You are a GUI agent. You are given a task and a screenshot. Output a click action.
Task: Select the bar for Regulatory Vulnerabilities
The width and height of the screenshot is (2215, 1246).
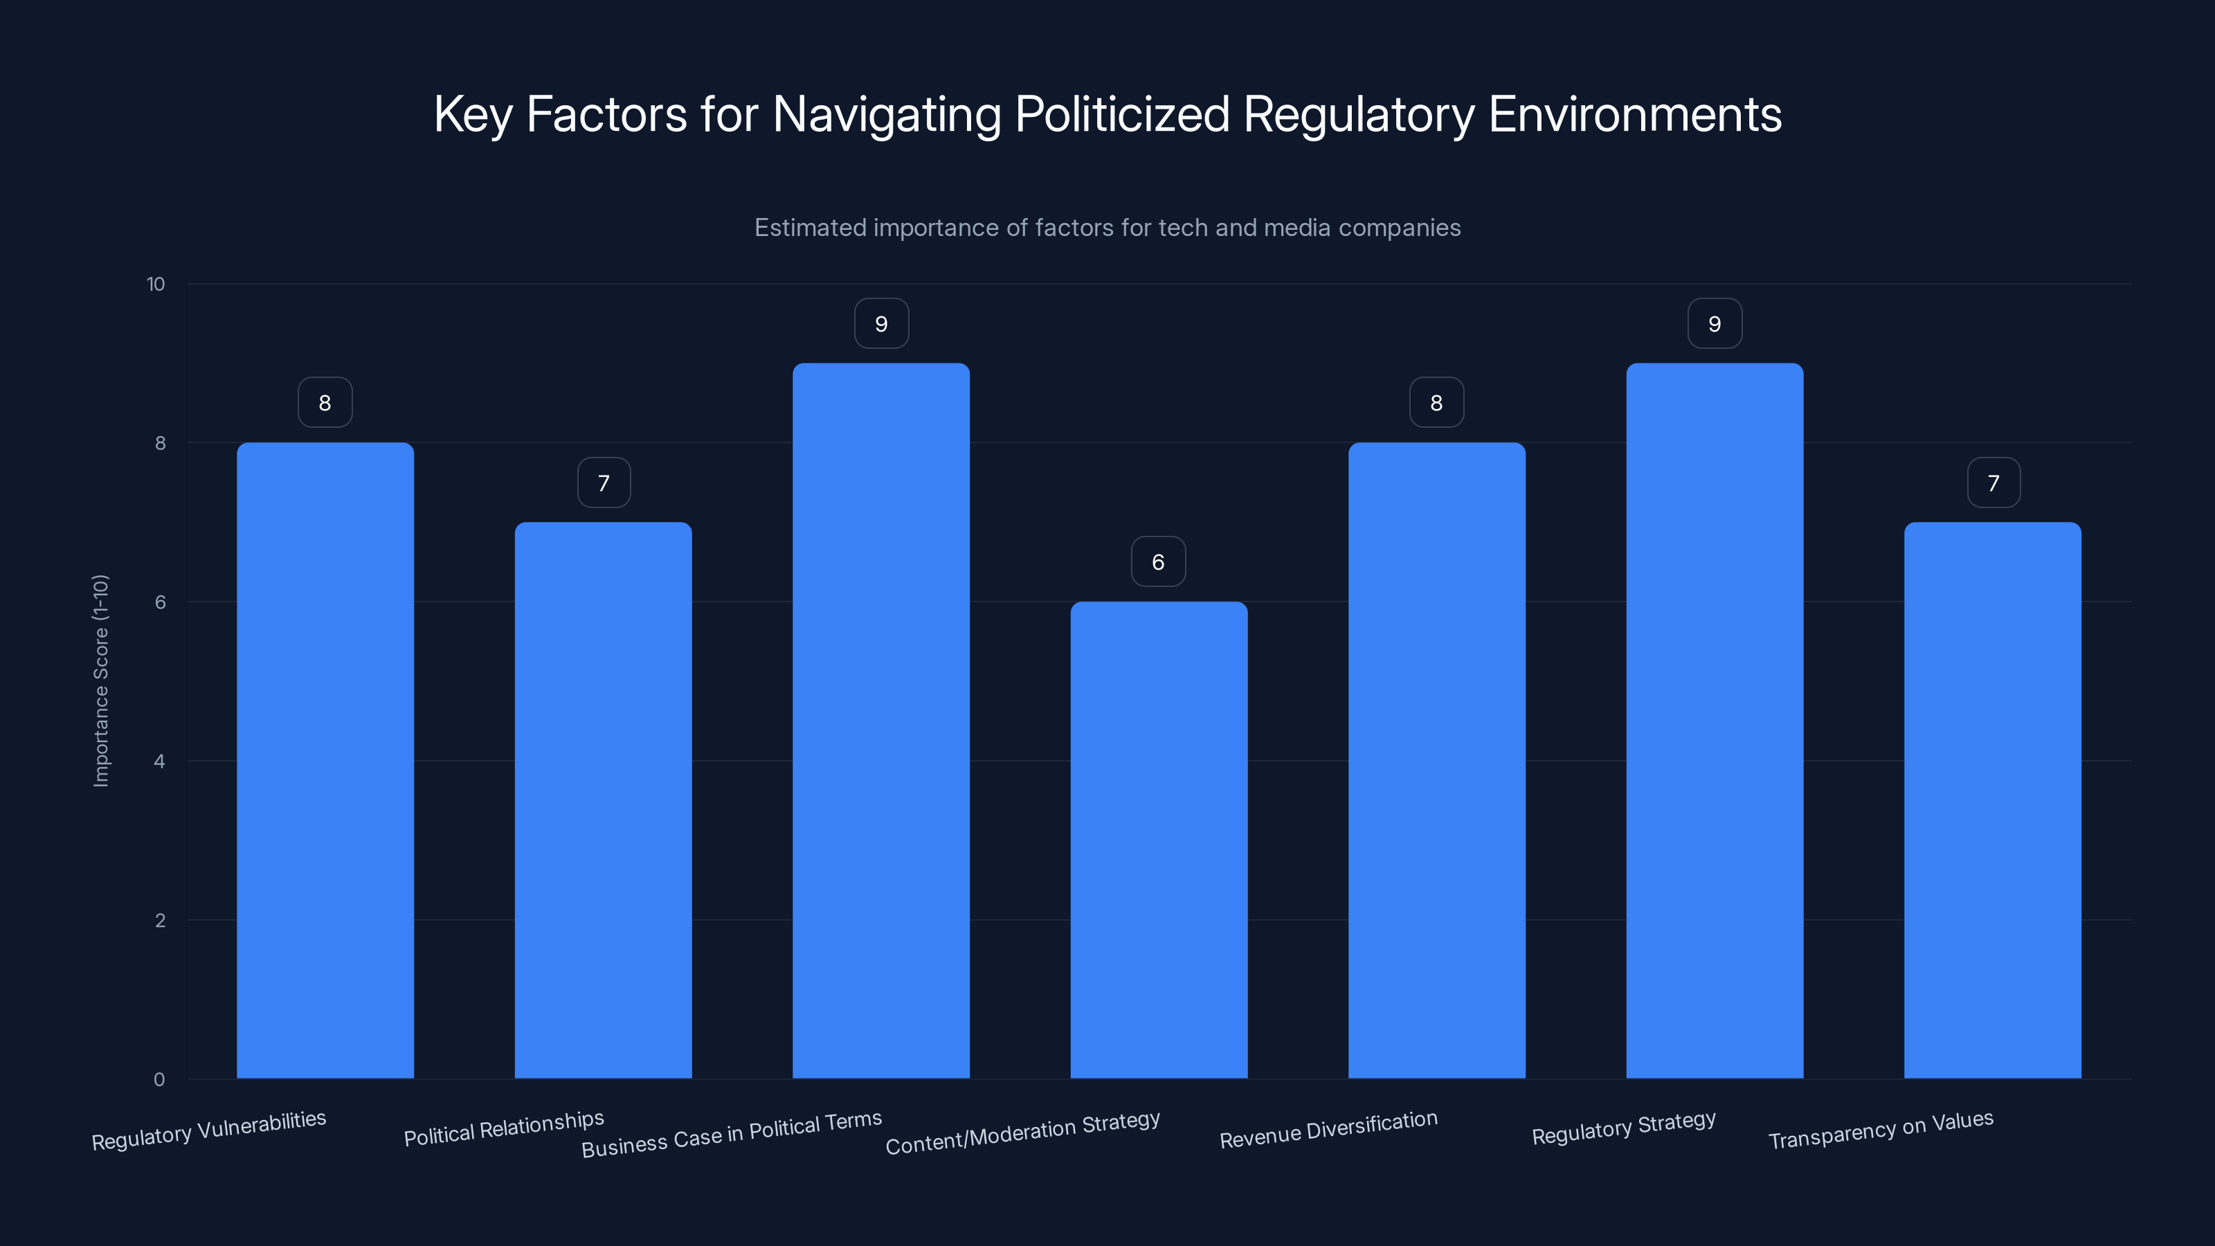pyautogui.click(x=325, y=760)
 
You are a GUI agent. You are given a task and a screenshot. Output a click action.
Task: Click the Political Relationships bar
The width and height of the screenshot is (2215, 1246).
pyautogui.click(x=603, y=800)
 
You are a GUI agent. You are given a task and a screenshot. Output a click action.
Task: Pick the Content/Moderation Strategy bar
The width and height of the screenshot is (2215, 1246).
pyautogui.click(x=1158, y=839)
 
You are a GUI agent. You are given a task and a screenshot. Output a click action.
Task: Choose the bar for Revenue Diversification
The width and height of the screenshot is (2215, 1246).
pyautogui.click(x=1436, y=760)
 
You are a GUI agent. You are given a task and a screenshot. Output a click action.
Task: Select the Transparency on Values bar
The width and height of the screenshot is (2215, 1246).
pyautogui.click(x=1992, y=800)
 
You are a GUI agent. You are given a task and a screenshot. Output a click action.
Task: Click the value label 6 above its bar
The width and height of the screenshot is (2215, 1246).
pyautogui.click(x=1158, y=562)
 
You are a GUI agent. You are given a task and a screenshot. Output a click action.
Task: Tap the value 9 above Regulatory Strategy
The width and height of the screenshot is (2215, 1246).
pyautogui.click(x=1715, y=324)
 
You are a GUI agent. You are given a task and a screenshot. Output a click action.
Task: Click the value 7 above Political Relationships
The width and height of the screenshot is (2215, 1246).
pyautogui.click(x=604, y=483)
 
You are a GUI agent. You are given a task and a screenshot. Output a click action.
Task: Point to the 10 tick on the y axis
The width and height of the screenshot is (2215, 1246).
pyautogui.click(x=156, y=285)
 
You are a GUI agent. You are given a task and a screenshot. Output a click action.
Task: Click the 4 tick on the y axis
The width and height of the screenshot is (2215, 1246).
pyautogui.click(x=159, y=761)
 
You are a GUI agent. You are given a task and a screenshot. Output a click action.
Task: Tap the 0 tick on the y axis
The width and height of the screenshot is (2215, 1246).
pyautogui.click(x=159, y=1080)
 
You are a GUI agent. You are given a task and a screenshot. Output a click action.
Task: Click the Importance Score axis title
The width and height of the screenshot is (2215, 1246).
pyautogui.click(x=100, y=680)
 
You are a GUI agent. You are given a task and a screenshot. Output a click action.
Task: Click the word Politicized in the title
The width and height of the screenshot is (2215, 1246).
pyautogui.click(x=1122, y=114)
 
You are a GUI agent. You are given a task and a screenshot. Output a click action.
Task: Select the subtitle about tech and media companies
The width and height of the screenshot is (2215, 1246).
pyautogui.click(x=1107, y=228)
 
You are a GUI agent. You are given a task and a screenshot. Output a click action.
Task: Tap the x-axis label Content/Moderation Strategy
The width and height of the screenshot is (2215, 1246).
pyautogui.click(x=1022, y=1133)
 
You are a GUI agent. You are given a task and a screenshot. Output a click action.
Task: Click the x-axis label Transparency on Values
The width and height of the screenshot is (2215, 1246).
pyautogui.click(x=1881, y=1130)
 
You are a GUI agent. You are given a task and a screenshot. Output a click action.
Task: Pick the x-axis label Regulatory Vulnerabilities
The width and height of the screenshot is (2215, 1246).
pyautogui.click(x=209, y=1131)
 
